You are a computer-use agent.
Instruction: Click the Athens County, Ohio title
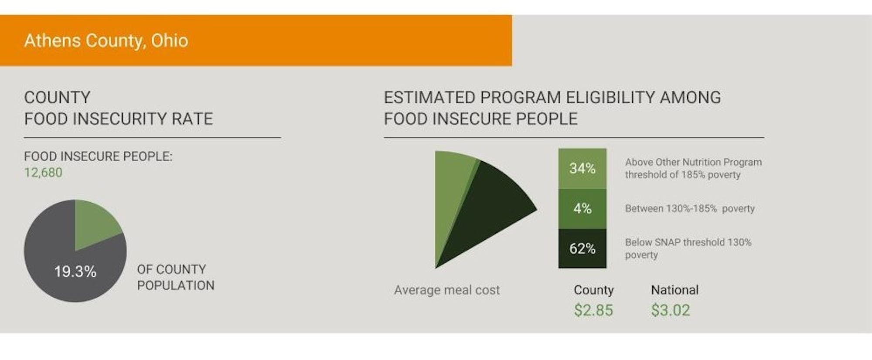coord(106,41)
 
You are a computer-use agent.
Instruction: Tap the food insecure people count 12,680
coord(43,173)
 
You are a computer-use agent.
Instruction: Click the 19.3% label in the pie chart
coord(75,272)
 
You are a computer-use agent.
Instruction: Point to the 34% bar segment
coord(582,168)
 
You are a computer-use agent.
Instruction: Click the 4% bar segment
coord(582,208)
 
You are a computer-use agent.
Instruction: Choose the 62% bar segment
coord(582,248)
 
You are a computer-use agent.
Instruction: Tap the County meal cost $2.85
coord(593,310)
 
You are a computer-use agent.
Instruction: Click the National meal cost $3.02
coord(671,310)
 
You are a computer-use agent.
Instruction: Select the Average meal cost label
coord(447,290)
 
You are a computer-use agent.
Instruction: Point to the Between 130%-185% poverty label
coord(690,208)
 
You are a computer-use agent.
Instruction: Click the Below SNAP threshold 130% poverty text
coord(688,248)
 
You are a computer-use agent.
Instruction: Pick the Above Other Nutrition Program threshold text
coord(693,168)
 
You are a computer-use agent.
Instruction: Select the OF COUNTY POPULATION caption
coord(176,277)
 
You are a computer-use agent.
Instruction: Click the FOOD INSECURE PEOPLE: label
coord(98,156)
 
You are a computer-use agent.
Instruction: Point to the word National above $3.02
coord(674,290)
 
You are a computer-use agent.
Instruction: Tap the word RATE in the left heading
coord(192,119)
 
